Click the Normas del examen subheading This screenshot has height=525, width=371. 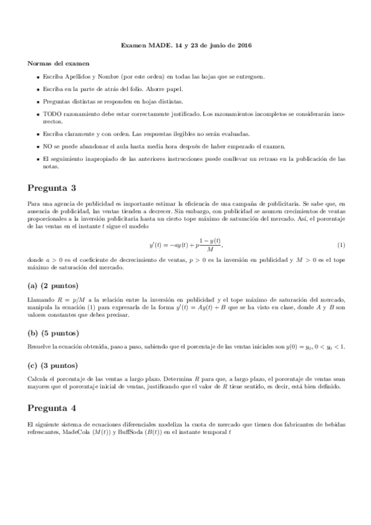[x=58, y=63]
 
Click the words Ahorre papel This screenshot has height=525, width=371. [x=146, y=89]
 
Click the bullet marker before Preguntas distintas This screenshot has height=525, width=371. [x=37, y=102]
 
